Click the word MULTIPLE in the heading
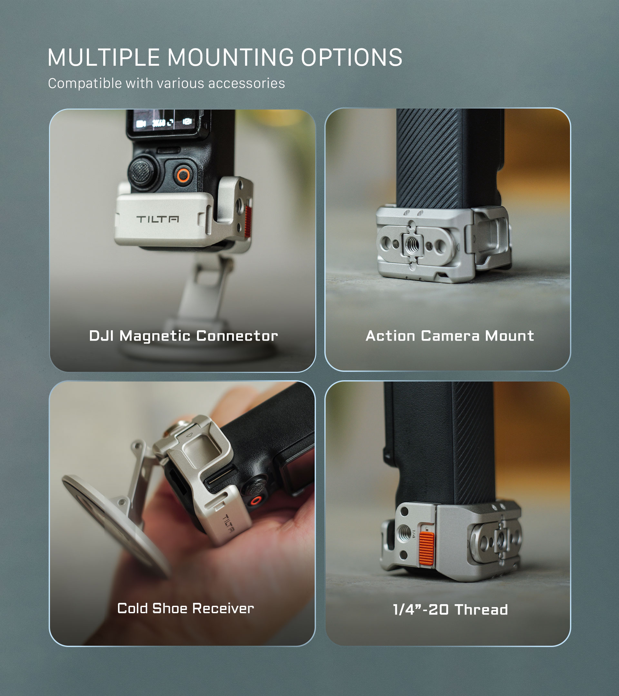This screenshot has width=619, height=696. (103, 57)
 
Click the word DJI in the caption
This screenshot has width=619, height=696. (101, 336)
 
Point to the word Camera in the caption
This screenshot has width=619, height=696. (450, 336)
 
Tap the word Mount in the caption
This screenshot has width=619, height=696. (509, 336)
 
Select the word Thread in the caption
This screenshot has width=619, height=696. (481, 610)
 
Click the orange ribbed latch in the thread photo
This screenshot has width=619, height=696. (427, 548)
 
